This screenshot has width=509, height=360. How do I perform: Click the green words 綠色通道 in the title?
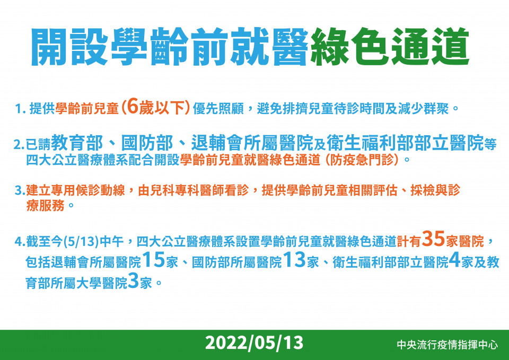[390, 47]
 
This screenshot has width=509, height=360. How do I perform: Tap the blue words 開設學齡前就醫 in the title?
[170, 47]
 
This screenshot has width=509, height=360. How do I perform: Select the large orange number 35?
[433, 239]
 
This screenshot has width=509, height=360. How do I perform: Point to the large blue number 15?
[154, 260]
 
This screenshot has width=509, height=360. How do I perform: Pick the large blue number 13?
[294, 260]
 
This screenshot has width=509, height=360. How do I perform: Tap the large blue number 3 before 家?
[134, 280]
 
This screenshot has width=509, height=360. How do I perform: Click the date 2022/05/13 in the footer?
[254, 343]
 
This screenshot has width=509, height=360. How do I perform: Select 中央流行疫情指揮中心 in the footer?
[447, 345]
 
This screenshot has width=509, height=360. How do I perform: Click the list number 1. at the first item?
[21, 109]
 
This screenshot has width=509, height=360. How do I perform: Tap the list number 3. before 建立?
[20, 190]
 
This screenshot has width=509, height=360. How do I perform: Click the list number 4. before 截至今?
[20, 242]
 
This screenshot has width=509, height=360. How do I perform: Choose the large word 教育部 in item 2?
[77, 143]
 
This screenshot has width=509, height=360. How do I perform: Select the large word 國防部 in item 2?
[147, 143]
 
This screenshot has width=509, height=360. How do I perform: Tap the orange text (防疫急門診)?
[362, 160]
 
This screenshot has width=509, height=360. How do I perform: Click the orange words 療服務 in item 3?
[45, 206]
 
